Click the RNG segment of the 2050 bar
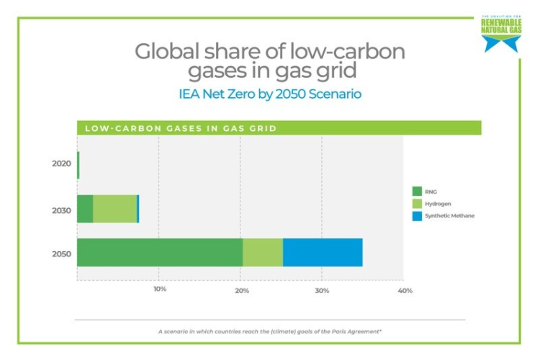click(159, 252)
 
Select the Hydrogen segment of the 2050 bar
click(262, 252)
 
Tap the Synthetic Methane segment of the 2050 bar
click(323, 252)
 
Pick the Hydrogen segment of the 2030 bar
click(114, 209)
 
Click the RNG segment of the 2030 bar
click(85, 209)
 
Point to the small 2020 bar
click(78, 165)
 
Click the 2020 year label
click(61, 164)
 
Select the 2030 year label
click(61, 210)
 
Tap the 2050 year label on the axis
click(61, 254)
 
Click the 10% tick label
click(160, 289)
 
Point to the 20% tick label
click(242, 290)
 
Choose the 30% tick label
click(322, 290)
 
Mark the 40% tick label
click(405, 290)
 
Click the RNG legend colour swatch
click(416, 191)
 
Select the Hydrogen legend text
click(438, 204)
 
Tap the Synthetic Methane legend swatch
click(416, 215)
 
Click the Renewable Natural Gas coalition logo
click(501, 34)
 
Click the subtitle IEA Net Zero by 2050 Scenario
click(269, 94)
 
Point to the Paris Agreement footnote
click(269, 332)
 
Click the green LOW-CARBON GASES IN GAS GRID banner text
click(181, 129)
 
